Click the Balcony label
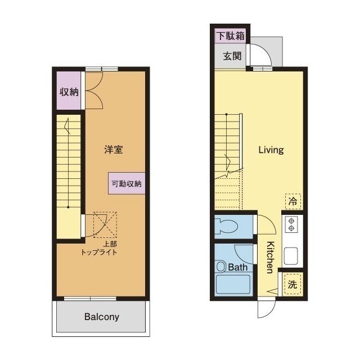pyautogui.click(x=102, y=317)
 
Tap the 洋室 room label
pyautogui.click(x=114, y=150)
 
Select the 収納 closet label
pyautogui.click(x=69, y=92)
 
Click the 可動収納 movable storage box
pyautogui.click(x=127, y=183)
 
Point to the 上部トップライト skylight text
pyautogui.click(x=99, y=248)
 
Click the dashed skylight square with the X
pyautogui.click(x=105, y=225)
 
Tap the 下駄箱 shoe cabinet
pyautogui.click(x=231, y=36)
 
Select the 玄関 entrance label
pyautogui.click(x=232, y=56)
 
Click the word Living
pyautogui.click(x=271, y=150)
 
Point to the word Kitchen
pyautogui.click(x=271, y=258)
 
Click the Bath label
pyautogui.click(x=238, y=267)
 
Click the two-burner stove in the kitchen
pyautogui.click(x=291, y=224)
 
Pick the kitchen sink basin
pyautogui.click(x=291, y=256)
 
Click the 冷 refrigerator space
pyautogui.click(x=293, y=201)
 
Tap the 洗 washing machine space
pyautogui.click(x=292, y=285)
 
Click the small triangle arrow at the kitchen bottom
pyautogui.click(x=272, y=292)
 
